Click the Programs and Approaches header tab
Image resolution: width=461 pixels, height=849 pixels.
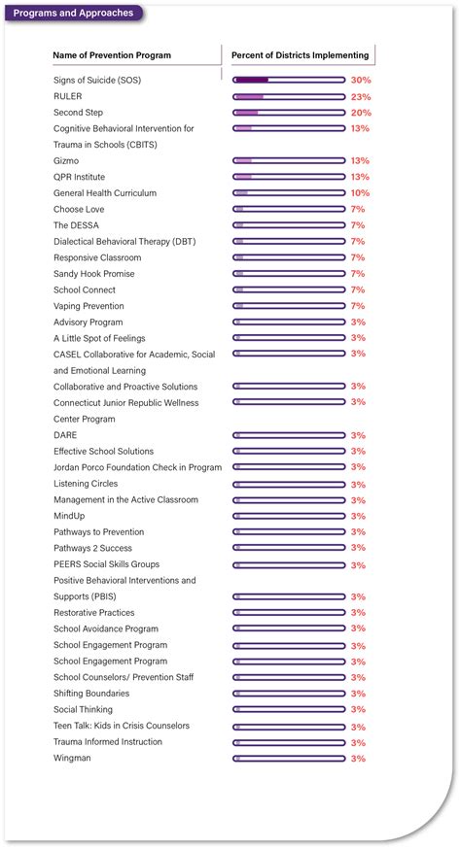(73, 14)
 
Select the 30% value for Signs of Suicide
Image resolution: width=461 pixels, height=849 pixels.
(360, 81)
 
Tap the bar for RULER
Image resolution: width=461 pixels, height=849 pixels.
(289, 97)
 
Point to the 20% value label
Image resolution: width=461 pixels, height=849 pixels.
(360, 113)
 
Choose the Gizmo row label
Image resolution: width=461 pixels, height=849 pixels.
(66, 161)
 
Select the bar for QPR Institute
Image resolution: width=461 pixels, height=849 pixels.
(289, 177)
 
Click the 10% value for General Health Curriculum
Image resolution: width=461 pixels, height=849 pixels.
(360, 193)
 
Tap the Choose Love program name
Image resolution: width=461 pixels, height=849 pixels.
(79, 209)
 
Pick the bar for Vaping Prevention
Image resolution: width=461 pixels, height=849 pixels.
(289, 306)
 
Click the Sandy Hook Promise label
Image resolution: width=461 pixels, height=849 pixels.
(94, 274)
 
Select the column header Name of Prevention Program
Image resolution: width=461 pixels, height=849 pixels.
(112, 55)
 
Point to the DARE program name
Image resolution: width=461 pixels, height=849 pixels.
(65, 435)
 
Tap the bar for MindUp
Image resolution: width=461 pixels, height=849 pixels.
(289, 516)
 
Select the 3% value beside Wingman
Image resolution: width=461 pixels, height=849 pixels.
(358, 758)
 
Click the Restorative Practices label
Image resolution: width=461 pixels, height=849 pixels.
(94, 613)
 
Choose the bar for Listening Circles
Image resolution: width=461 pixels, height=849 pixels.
(289, 484)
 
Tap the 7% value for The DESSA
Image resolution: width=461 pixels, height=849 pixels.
(358, 225)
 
